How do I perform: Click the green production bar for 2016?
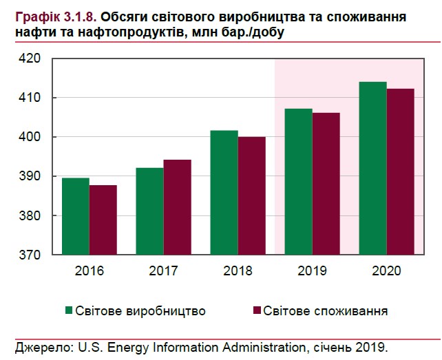75,216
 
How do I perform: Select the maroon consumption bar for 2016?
103,220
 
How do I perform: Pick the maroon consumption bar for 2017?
177,207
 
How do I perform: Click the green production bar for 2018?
224,193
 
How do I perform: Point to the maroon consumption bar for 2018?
251,195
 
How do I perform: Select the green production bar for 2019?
298,182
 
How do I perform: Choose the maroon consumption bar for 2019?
326,184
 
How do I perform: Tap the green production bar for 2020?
372,168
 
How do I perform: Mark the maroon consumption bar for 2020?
400,171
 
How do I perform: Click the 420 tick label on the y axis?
32,59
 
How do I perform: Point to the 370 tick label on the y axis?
32,255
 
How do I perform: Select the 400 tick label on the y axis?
32,138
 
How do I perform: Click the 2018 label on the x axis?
237,271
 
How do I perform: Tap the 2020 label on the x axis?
386,271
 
